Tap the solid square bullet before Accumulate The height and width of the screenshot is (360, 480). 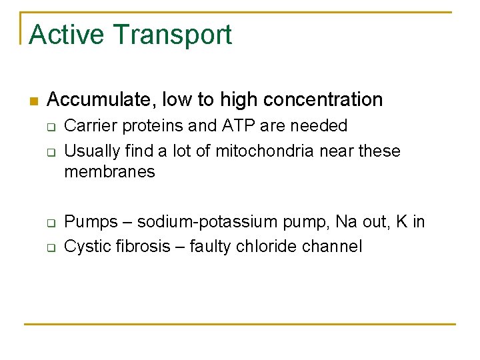[33, 101]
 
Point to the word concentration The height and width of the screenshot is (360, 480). [323, 100]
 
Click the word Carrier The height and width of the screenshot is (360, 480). [87, 126]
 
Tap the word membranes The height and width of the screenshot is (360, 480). [109, 172]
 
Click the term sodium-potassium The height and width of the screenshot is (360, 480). [195, 222]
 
